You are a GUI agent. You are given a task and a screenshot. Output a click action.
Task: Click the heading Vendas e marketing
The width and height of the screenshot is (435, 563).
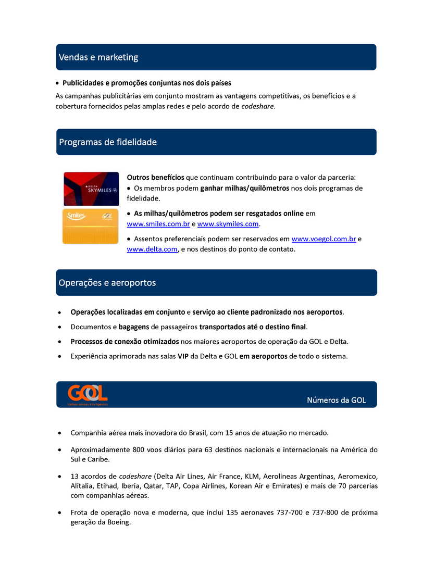pos(98,57)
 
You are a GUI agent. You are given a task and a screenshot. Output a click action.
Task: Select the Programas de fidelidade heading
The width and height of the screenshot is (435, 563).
pos(108,142)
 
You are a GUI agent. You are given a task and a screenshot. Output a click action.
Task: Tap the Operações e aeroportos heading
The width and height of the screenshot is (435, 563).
pos(107,283)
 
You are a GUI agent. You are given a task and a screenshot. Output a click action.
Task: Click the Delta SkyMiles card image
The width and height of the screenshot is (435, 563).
pos(91,189)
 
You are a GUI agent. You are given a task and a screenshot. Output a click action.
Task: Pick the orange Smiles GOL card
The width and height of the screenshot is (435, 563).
pos(91,226)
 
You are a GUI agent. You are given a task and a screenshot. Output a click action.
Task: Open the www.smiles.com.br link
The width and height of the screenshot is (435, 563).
pos(158,224)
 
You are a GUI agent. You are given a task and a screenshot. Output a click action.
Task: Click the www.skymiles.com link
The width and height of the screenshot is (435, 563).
pos(228,224)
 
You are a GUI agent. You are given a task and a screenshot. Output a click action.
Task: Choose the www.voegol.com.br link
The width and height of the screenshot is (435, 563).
pos(324,239)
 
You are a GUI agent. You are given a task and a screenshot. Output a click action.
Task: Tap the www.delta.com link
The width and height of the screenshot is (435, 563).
pos(152,249)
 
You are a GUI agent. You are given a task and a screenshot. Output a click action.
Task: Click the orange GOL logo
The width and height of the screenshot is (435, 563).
pos(88,393)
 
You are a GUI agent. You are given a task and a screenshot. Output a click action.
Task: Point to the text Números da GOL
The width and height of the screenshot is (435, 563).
pos(337,401)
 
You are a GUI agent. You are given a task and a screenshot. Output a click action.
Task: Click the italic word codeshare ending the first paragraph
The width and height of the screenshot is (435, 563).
pos(257,106)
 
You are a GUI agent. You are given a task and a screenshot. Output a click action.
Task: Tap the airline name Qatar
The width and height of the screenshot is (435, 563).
pos(154,486)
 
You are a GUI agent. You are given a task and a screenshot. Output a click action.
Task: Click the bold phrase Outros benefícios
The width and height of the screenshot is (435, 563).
pos(155,178)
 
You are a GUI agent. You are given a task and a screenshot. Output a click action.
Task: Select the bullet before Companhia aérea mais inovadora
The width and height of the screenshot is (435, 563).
pos(60,433)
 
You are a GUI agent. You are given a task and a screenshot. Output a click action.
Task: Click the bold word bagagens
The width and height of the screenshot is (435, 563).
pos(134,327)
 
